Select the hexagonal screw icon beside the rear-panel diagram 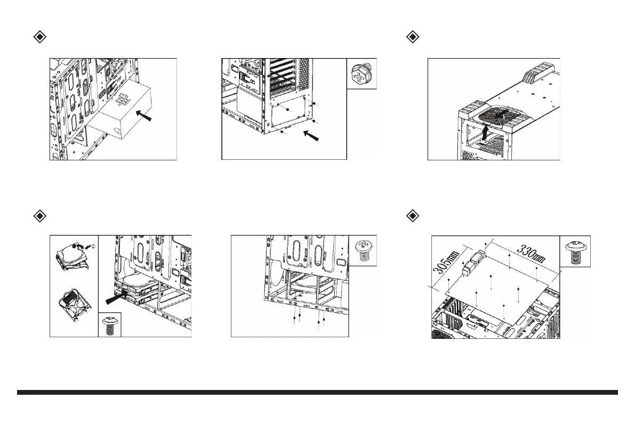click(362, 74)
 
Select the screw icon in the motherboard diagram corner click(575, 251)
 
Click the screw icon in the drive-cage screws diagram click(364, 250)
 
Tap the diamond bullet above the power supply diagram click(39, 37)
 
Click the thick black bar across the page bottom click(317, 393)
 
